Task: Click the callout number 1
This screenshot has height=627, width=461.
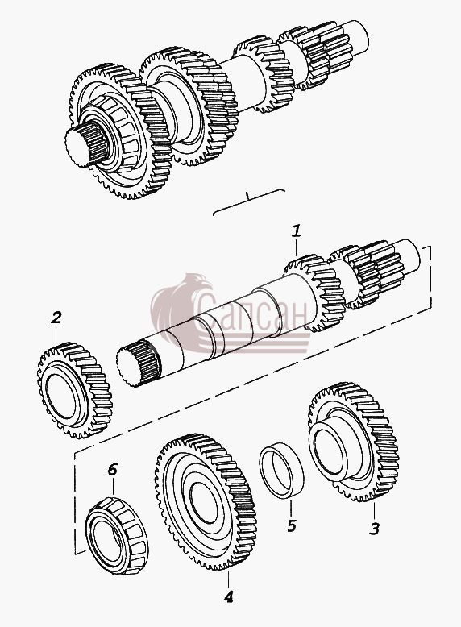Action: [x=296, y=231]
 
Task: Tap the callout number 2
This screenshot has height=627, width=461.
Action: [x=56, y=318]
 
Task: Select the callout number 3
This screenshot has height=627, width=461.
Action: [x=374, y=529]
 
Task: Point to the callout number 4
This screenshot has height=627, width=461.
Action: [x=228, y=597]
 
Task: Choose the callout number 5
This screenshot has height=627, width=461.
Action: [x=292, y=525]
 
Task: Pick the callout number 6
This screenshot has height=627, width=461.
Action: [x=112, y=470]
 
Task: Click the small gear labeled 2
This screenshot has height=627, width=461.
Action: [x=74, y=390]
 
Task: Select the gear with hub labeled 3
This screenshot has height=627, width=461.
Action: [x=354, y=442]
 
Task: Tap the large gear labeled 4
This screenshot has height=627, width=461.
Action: [x=206, y=502]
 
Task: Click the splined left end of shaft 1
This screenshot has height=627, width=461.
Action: [x=138, y=363]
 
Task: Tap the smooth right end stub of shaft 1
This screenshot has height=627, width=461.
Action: [x=409, y=255]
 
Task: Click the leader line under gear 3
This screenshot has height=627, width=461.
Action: [x=374, y=509]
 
